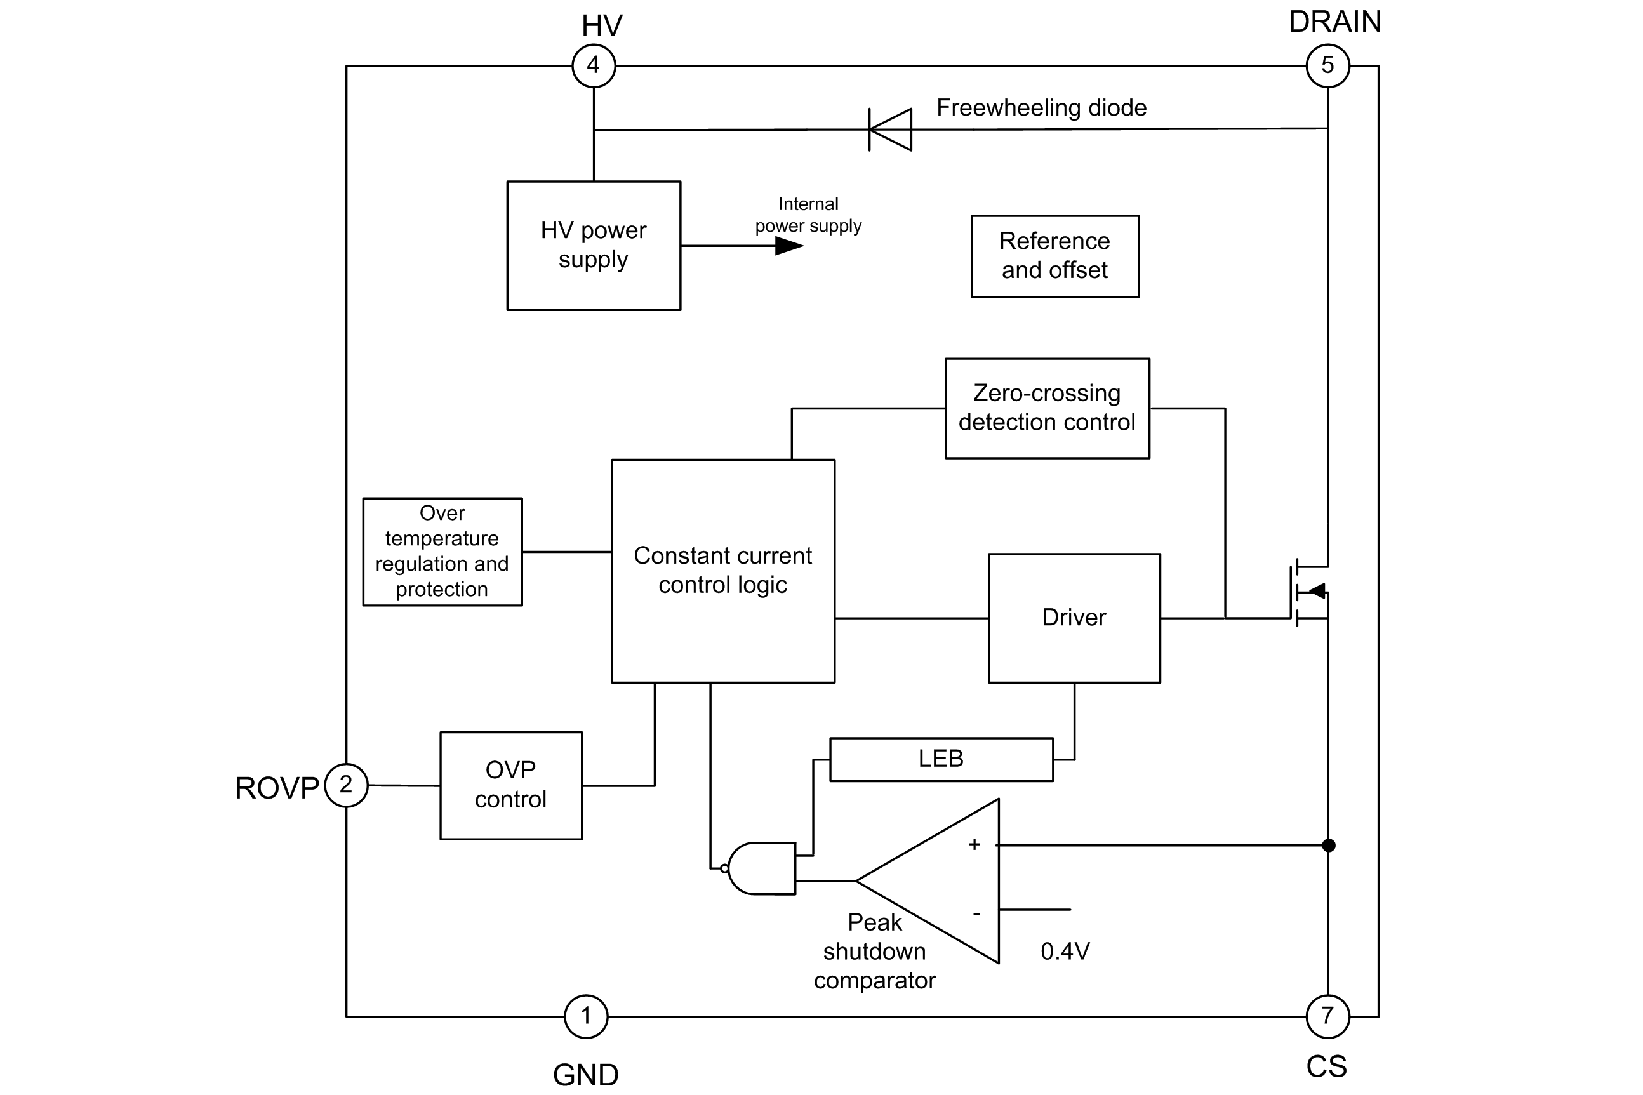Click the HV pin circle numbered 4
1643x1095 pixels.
594,65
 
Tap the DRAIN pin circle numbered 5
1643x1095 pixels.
1327,65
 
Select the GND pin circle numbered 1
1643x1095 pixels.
586,1016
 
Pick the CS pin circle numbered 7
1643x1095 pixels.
1327,1016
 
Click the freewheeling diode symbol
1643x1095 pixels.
890,129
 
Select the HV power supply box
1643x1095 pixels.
594,245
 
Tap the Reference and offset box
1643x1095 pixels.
1054,256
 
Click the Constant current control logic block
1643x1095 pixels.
722,571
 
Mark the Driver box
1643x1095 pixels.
1074,618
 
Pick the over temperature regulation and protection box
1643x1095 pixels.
442,551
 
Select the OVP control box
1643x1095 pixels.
510,785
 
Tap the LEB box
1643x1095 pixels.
941,759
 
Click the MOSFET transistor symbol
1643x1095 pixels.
1309,592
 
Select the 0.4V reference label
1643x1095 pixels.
1065,951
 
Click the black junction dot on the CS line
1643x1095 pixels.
1328,845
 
